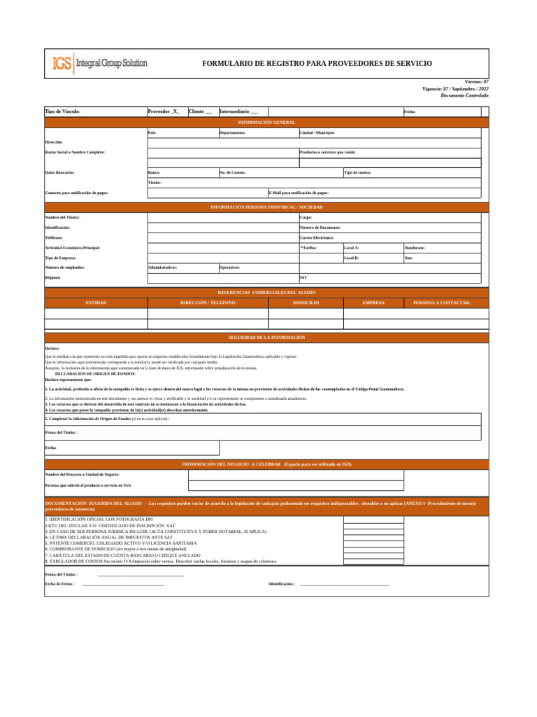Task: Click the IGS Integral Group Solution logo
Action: pyautogui.click(x=100, y=64)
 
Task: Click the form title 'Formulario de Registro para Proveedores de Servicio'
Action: pyautogui.click(x=317, y=64)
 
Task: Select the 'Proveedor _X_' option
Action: pyautogui.click(x=164, y=111)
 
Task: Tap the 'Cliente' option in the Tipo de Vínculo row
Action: pyautogui.click(x=201, y=111)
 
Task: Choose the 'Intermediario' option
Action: pyautogui.click(x=238, y=111)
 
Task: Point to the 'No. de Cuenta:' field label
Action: pyautogui.click(x=232, y=172)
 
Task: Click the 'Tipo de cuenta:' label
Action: pyautogui.click(x=357, y=172)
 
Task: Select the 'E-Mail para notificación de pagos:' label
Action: pyautogui.click(x=299, y=193)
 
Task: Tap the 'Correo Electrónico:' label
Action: pyautogui.click(x=316, y=238)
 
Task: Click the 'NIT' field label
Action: pyautogui.click(x=303, y=277)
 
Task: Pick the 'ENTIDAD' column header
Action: pyautogui.click(x=96, y=302)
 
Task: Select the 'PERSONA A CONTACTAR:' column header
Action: pyautogui.click(x=442, y=302)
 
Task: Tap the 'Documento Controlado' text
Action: pyautogui.click(x=464, y=95)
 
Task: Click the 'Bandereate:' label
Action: pyautogui.click(x=415, y=248)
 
